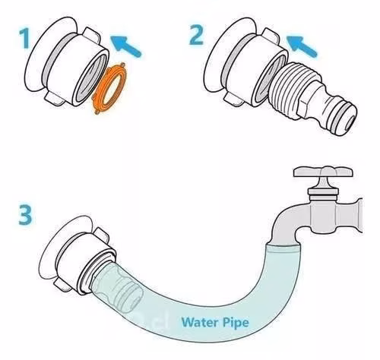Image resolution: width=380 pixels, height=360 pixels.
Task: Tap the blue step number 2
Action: tap(196, 35)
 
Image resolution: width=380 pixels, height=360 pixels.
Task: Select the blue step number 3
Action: tap(25, 215)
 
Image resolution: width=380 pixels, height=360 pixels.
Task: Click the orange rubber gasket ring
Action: tap(110, 88)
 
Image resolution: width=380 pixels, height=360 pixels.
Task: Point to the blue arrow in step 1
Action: tap(125, 46)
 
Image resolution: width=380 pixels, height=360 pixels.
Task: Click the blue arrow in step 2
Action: tap(301, 46)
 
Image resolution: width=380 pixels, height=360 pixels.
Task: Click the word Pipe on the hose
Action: tap(236, 323)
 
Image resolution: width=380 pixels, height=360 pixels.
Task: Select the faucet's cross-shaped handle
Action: tap(324, 172)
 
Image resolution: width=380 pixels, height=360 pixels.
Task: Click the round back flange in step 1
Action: tap(38, 55)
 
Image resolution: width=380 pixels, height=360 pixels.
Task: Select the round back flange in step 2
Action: tap(217, 55)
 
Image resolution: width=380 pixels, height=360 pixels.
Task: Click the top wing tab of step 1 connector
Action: tap(91, 34)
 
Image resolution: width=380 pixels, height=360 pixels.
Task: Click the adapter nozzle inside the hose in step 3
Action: tap(119, 287)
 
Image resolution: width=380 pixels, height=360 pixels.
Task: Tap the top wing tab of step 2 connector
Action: tap(270, 35)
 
